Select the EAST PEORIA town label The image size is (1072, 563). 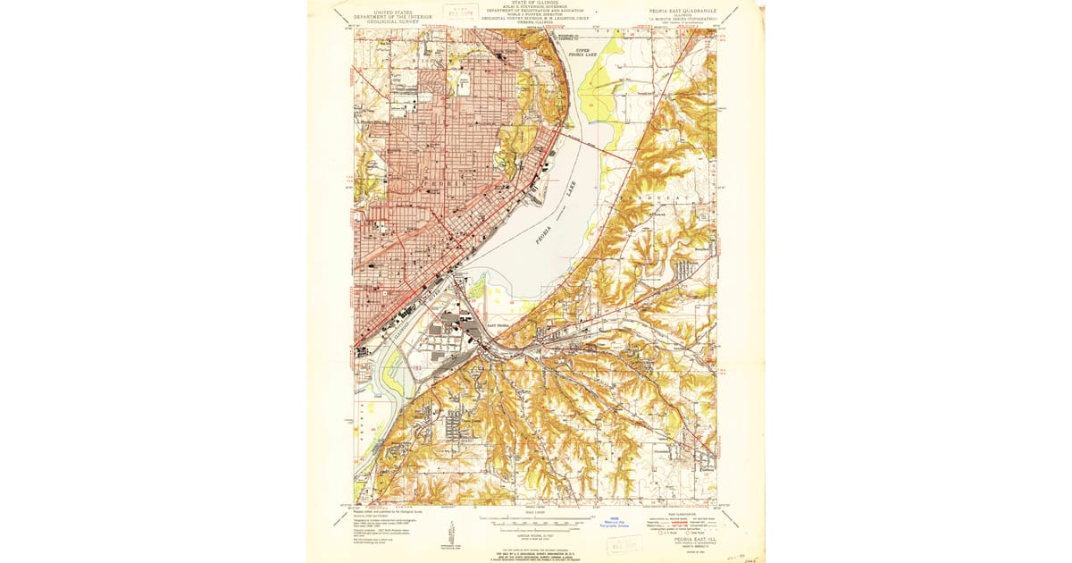[x=497, y=327]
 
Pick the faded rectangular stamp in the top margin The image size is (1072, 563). [x=461, y=13]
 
